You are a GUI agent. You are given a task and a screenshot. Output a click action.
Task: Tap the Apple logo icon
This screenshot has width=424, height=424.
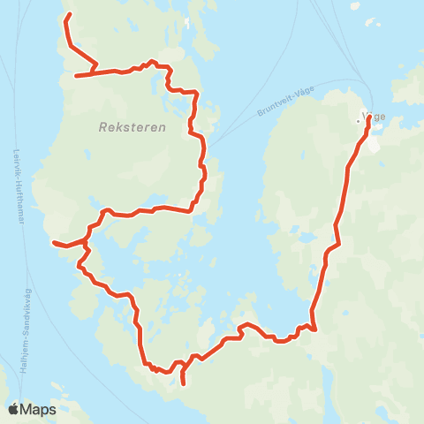[x=13, y=409]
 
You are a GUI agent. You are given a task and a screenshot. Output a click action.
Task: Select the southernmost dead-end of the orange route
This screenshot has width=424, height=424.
[x=183, y=383]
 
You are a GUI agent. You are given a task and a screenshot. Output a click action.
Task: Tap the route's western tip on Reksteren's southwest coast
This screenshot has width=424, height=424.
[x=54, y=242]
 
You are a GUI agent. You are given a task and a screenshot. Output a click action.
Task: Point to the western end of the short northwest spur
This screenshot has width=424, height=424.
[x=76, y=76]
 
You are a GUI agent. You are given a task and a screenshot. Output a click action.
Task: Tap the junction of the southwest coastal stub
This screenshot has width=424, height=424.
[x=86, y=240]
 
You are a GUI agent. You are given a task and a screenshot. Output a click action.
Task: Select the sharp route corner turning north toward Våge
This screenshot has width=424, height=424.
[x=314, y=329]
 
